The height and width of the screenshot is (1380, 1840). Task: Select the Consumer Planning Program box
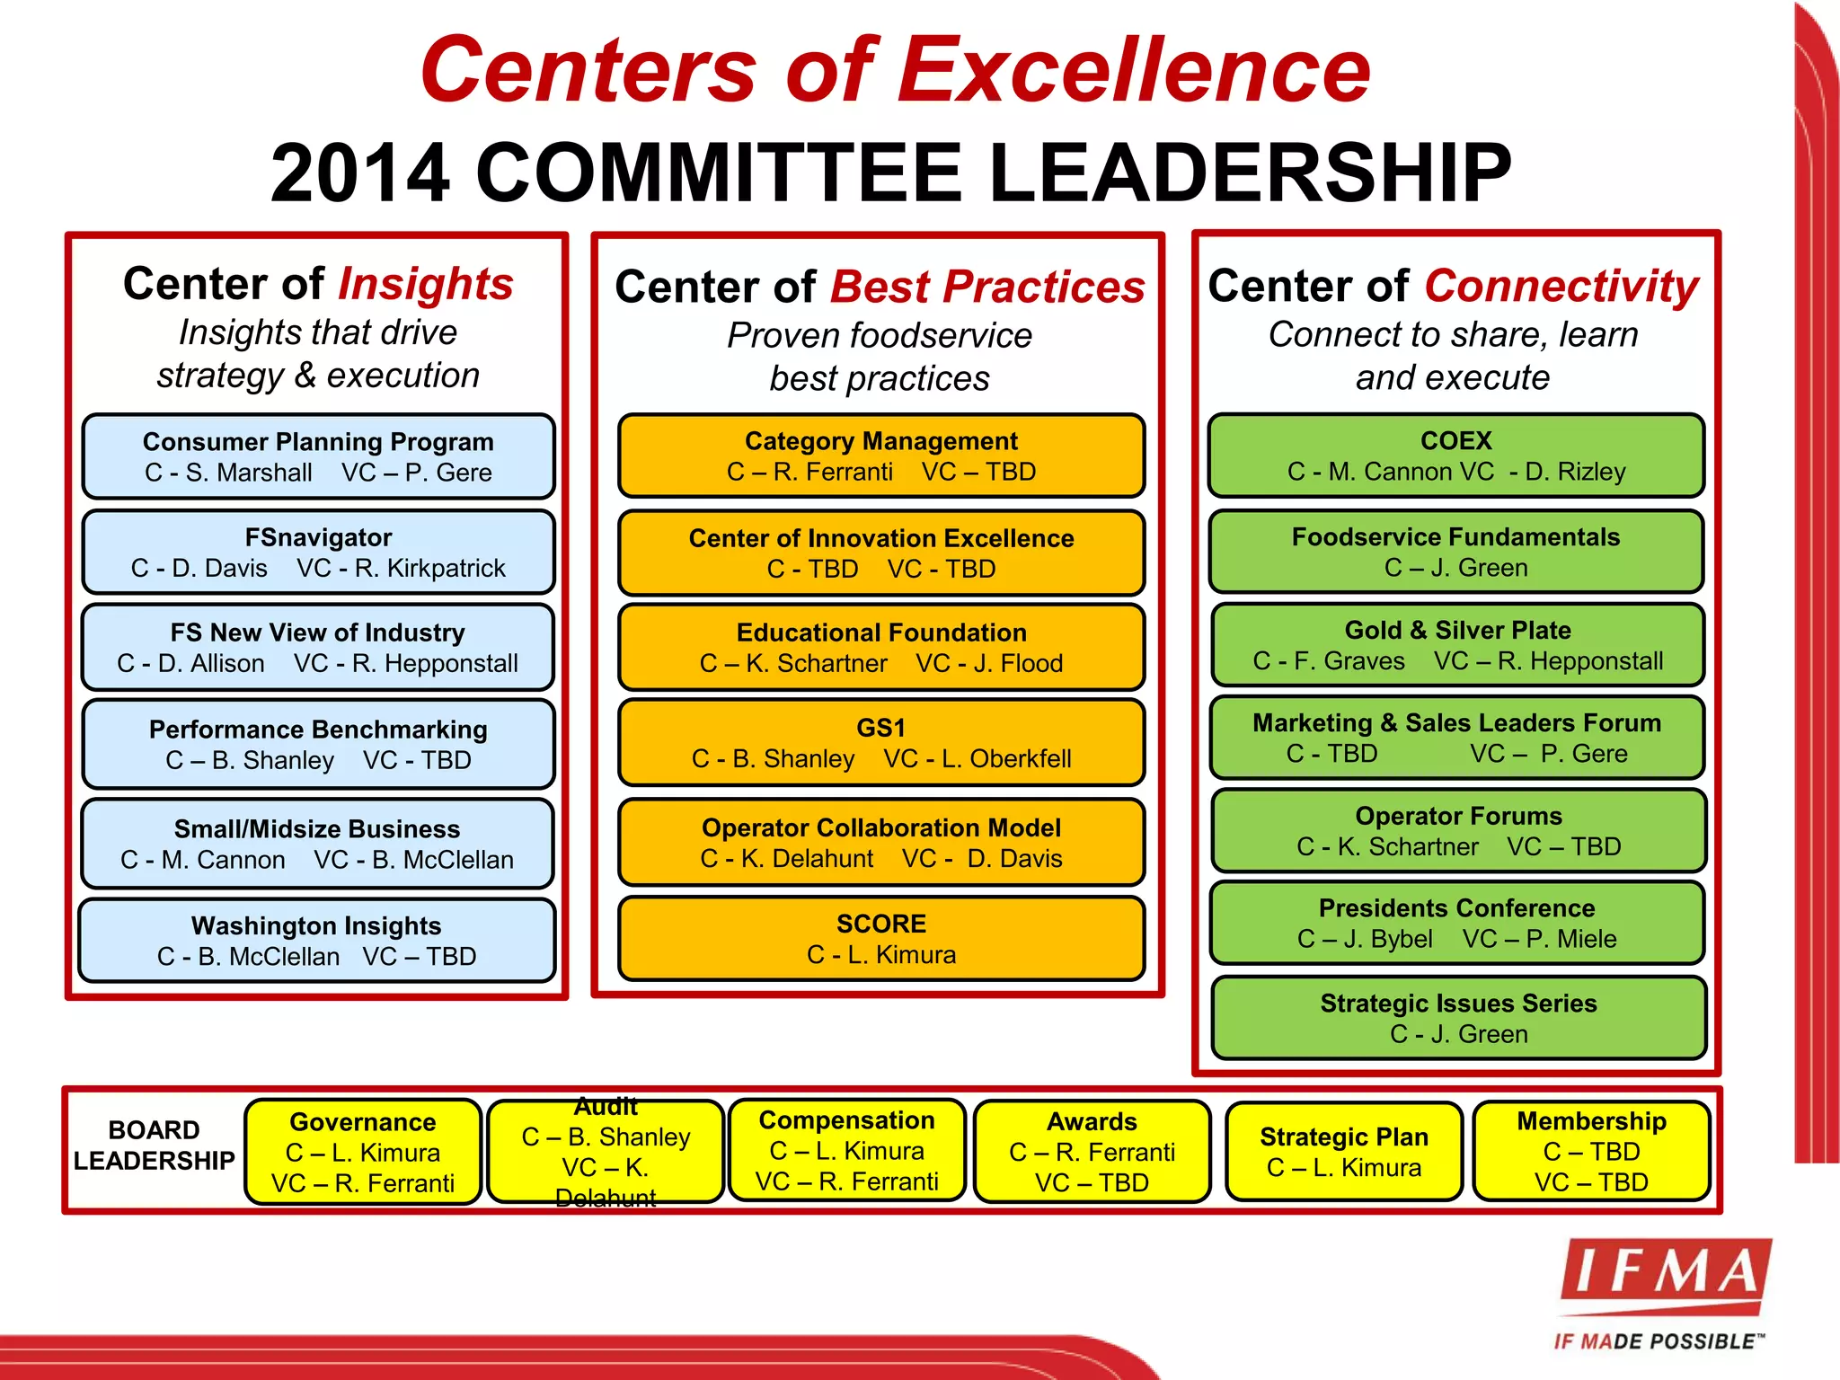[318, 456]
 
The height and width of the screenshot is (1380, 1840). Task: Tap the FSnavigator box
[318, 553]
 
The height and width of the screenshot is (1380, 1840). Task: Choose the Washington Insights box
[317, 941]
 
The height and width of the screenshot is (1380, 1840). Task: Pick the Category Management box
[881, 456]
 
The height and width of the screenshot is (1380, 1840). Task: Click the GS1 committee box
[881, 743]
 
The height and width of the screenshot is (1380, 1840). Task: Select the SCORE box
[881, 939]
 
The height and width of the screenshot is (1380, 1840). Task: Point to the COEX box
[1456, 456]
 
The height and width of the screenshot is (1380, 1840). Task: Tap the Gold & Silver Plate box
[1457, 645]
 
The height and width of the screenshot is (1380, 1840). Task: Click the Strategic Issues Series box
[1458, 1018]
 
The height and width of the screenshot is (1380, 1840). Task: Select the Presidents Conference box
[1456, 923]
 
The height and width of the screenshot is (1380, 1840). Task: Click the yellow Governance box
[363, 1152]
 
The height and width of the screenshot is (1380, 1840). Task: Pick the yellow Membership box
[1591, 1151]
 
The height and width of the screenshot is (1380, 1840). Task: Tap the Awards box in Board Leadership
[1092, 1152]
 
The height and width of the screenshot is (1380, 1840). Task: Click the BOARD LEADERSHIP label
[154, 1146]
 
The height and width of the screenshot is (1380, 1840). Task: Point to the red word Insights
[425, 284]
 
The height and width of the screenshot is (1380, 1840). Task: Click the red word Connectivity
[1561, 287]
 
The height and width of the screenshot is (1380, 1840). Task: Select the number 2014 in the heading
[359, 172]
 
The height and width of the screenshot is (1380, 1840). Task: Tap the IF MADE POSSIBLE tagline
[1659, 1341]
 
